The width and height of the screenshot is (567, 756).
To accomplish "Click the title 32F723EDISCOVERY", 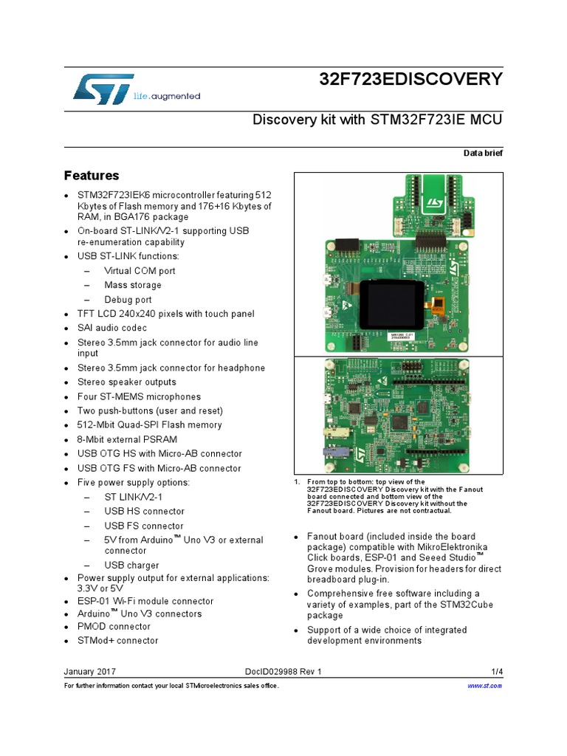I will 410,80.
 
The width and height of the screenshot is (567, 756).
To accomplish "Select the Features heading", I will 92,176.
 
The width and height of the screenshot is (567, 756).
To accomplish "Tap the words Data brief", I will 483,152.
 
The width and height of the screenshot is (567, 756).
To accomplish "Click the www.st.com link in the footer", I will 485,686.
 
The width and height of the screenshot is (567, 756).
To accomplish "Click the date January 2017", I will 90,672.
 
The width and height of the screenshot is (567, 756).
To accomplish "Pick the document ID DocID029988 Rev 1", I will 283,672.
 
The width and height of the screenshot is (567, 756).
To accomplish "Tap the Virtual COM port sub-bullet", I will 140,271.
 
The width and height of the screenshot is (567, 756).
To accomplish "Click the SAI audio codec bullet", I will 112,328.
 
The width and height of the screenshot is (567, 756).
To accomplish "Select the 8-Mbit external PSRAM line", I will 127,439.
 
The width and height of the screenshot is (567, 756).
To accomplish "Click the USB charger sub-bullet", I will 131,566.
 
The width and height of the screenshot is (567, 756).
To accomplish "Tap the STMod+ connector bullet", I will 118,641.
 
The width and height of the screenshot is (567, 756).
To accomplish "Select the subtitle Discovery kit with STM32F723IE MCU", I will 374,120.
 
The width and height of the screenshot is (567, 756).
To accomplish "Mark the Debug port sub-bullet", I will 128,300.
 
